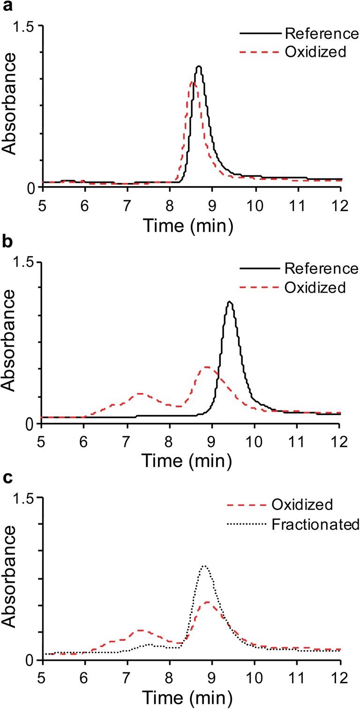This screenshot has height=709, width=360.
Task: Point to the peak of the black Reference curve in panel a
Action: [199, 67]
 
